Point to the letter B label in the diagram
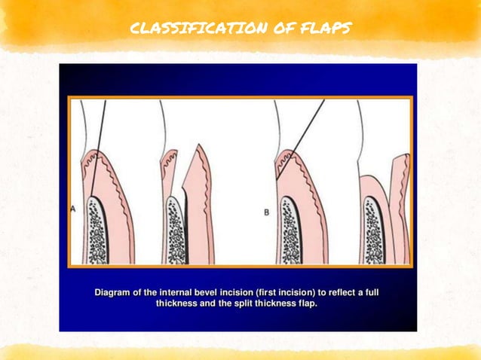(x=266, y=213)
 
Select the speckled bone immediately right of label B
(x=291, y=230)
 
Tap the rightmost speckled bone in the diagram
(x=372, y=230)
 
